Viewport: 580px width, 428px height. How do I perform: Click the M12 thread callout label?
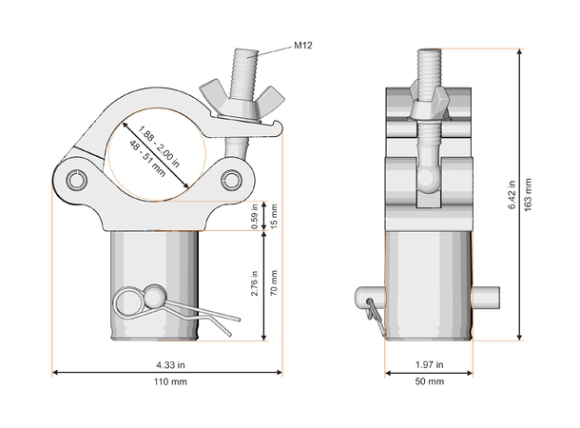tap(303, 46)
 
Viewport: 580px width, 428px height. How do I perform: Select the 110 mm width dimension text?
tap(170, 381)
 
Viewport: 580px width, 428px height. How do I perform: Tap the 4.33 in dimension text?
tap(170, 365)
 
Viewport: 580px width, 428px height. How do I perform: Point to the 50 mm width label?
tap(429, 381)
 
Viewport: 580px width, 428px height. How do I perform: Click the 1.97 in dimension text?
tap(429, 364)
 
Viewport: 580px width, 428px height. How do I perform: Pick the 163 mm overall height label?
tap(529, 195)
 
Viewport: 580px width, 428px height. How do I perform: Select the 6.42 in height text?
tap(512, 195)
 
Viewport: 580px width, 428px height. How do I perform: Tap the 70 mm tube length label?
tap(274, 283)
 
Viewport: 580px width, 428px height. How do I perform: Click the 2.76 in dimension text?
tap(254, 283)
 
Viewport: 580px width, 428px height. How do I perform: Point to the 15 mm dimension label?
tap(274, 217)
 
